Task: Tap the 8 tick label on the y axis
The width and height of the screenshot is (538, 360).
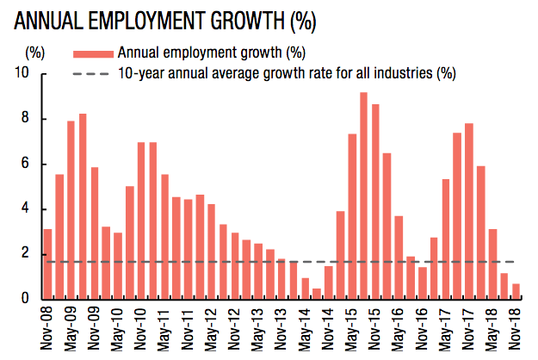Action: (27, 119)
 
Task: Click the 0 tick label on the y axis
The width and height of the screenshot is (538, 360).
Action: (27, 299)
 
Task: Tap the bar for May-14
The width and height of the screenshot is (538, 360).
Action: (305, 288)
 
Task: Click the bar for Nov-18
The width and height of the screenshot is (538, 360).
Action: (516, 291)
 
